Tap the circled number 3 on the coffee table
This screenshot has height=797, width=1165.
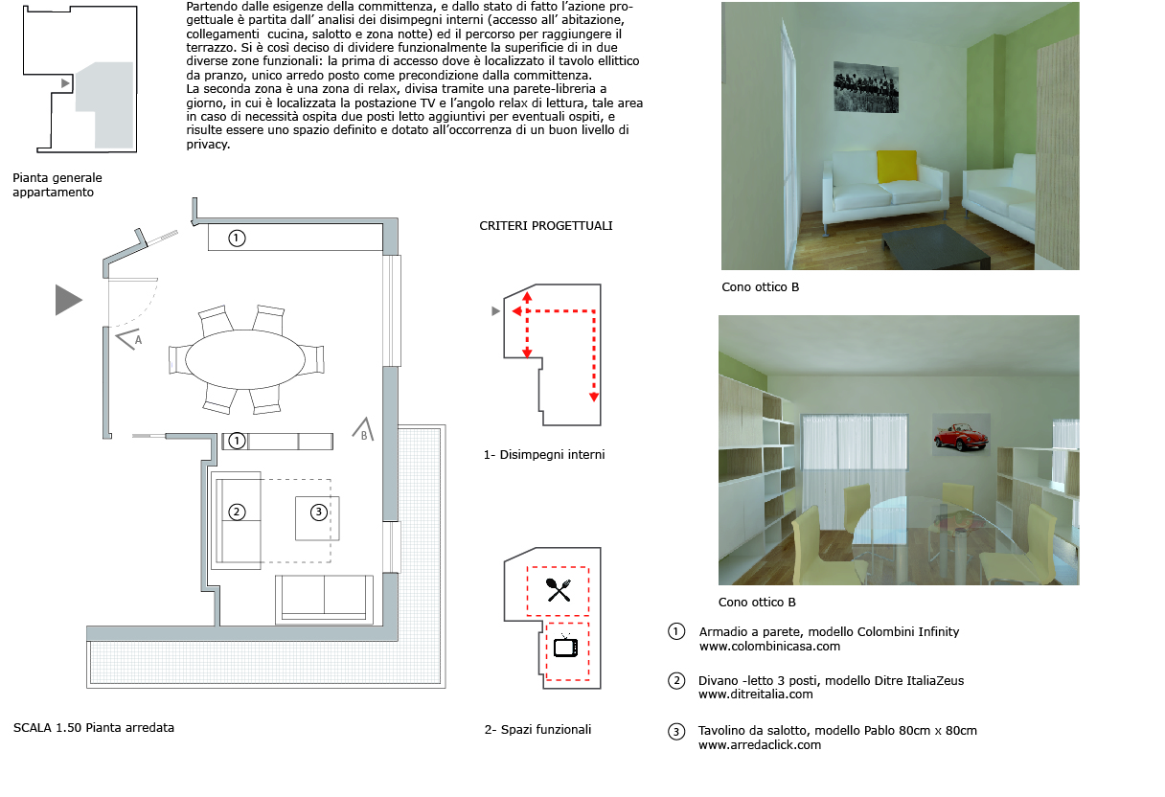319,512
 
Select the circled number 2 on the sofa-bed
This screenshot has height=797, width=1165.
238,512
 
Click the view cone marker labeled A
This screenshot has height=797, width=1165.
130,337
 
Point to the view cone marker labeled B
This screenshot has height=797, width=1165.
362,430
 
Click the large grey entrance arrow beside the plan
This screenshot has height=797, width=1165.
68,300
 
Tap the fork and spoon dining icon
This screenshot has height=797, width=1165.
559,589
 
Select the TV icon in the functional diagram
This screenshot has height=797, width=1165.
565,647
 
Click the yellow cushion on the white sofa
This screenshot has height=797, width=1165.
897,166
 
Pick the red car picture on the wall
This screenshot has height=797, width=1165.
957,438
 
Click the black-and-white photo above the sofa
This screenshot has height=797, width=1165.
871,90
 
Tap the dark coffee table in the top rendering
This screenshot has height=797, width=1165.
933,247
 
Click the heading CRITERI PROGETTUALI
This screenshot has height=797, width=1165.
545,226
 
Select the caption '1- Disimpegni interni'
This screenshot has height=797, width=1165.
544,455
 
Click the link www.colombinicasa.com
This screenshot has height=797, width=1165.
769,647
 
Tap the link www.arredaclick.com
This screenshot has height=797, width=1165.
759,744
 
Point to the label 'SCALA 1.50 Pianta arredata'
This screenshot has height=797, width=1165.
94,727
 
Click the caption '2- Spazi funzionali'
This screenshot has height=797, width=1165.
537,729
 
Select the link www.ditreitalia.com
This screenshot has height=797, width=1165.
755,695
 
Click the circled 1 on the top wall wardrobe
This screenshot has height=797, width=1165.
238,238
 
